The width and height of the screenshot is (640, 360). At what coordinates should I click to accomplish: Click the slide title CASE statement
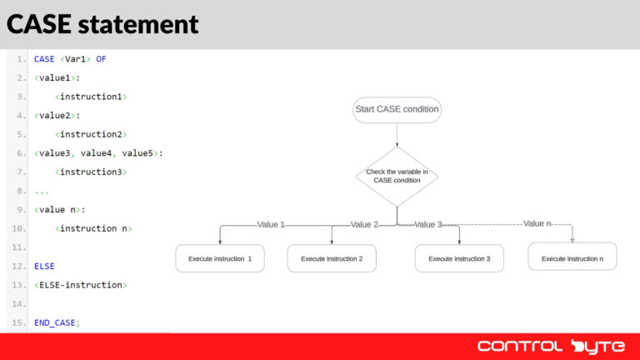(102, 24)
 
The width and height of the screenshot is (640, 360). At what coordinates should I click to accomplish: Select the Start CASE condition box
(397, 110)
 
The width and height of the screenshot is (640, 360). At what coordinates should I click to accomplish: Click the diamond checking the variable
(397, 176)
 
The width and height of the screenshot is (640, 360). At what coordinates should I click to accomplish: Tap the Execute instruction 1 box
(220, 258)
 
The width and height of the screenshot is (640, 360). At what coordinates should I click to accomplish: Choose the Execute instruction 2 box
(332, 258)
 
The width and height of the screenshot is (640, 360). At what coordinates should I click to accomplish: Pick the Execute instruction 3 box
(459, 258)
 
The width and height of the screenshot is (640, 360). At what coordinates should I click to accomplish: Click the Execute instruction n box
(572, 257)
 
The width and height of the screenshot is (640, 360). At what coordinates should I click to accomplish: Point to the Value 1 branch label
(271, 224)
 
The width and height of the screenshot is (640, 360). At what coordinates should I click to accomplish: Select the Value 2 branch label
(364, 224)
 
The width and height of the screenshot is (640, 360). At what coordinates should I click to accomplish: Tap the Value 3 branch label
(428, 224)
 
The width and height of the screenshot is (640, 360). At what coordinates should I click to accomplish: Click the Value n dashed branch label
(537, 223)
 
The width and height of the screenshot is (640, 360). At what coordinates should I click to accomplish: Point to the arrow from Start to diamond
(397, 135)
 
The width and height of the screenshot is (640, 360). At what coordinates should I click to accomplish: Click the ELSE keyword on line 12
(44, 266)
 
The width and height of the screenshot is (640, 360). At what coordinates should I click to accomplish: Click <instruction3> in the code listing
(91, 172)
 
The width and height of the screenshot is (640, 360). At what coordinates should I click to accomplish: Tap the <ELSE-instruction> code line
(80, 285)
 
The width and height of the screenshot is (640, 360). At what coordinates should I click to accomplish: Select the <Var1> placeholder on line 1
(75, 59)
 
